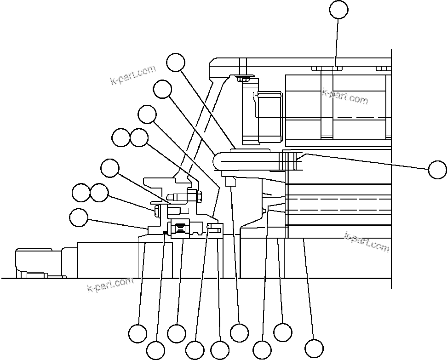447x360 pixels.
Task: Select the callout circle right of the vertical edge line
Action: pos(437,169)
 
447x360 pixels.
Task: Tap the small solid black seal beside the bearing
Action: pos(164,232)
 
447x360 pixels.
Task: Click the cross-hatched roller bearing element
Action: pos(180,228)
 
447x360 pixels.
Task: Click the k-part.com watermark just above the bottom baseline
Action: pos(110,285)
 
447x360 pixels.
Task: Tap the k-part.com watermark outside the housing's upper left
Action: pos(133,75)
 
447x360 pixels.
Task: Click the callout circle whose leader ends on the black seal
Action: pos(155,350)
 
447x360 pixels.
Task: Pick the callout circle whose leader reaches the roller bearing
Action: pos(177,333)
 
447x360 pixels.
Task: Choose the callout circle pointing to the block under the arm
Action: pos(239,333)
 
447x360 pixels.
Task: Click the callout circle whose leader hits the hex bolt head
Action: pos(99,193)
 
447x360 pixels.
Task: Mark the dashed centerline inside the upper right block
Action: pos(359,118)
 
